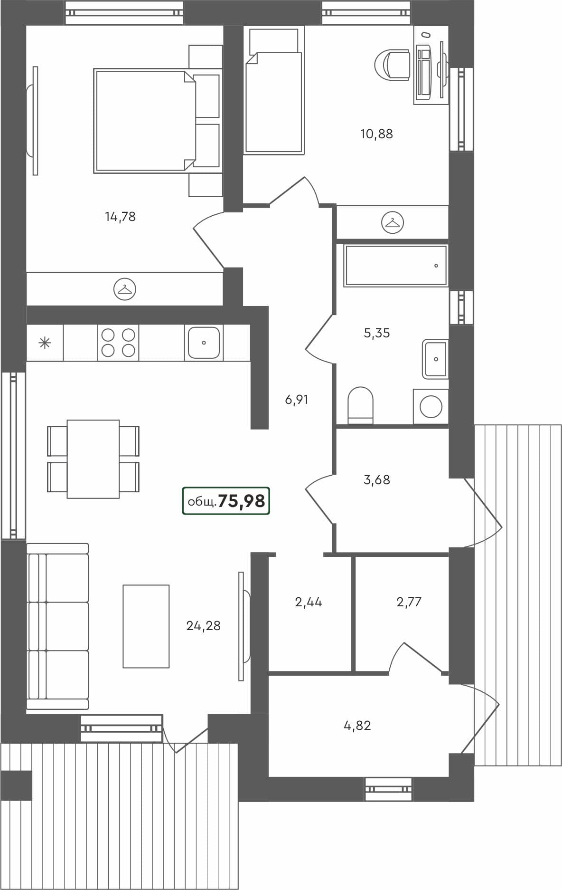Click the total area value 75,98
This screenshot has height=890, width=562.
[241, 501]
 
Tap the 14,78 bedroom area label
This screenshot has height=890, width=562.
[120, 217]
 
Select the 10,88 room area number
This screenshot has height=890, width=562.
[376, 134]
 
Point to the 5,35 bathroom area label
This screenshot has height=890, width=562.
[376, 333]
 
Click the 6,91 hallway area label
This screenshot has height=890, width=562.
[297, 400]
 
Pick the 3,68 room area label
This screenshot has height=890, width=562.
[376, 480]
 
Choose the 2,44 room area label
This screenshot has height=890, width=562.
[309, 603]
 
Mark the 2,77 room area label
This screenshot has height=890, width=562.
[409, 602]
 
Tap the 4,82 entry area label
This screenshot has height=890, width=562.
[357, 726]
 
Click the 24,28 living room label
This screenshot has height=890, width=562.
[203, 626]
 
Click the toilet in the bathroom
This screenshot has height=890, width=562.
[361, 404]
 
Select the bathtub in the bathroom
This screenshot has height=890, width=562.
[395, 266]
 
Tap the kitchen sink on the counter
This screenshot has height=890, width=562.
[204, 343]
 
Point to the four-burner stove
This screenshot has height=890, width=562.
[118, 343]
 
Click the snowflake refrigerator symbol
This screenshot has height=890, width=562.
[45, 343]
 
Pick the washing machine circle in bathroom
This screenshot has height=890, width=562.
[431, 407]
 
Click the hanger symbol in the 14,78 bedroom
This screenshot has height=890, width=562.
[125, 289]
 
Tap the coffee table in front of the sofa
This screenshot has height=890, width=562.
[146, 626]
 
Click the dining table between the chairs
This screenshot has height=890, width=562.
[93, 459]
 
